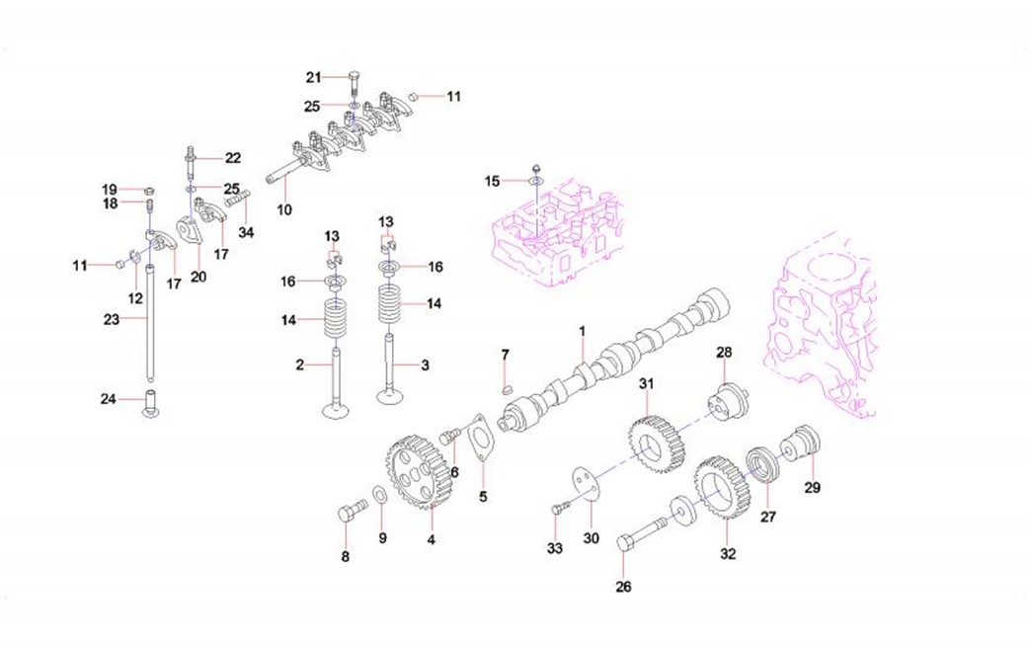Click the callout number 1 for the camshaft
pos(582,330)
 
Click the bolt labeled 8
pos(349,514)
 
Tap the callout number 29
pos(813,487)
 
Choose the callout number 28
pos(723,353)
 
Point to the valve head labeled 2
pos(336,408)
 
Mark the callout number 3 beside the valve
pos(425,365)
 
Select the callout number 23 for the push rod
pos(111,319)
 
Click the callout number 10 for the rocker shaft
pos(284,209)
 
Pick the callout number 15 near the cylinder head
pos(492,181)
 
